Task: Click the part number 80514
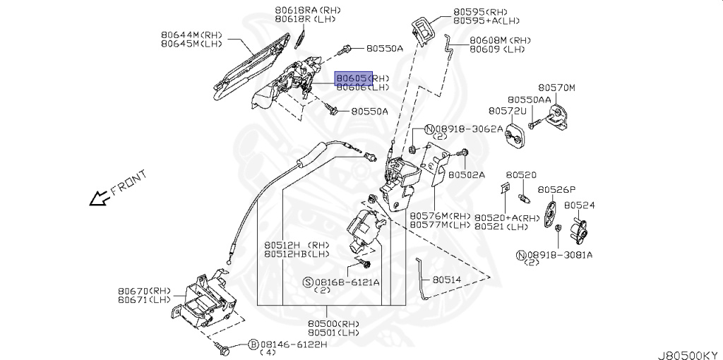(446, 280)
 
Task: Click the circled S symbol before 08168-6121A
(308, 282)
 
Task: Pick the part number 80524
(579, 205)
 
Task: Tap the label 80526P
(556, 190)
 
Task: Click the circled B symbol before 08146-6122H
(252, 344)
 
